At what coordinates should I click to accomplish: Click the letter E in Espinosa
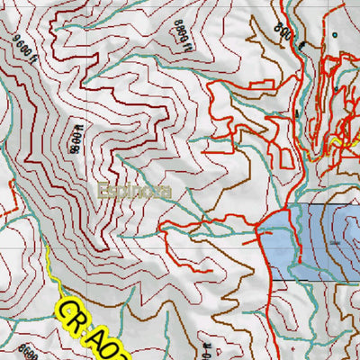pos(104,191)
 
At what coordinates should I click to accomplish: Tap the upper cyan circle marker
pos(334,35)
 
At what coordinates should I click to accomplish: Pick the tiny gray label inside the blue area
pos(335,241)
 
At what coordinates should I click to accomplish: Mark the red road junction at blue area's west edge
pos(260,230)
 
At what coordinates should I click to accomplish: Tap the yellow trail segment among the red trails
pos(339,141)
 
